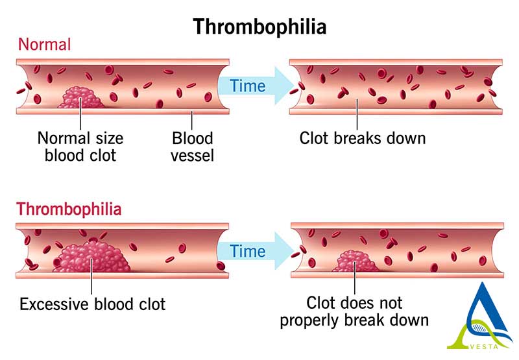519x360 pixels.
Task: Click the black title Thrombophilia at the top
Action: point(260,27)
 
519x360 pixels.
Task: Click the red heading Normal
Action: point(44,44)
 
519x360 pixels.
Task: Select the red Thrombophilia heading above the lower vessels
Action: point(69,209)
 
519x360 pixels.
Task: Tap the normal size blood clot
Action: point(80,97)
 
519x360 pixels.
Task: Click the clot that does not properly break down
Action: point(355,261)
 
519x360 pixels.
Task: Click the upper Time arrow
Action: point(256,86)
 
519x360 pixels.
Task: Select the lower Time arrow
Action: point(256,251)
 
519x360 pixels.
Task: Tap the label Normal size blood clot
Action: point(80,147)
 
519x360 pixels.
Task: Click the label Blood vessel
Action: point(192,147)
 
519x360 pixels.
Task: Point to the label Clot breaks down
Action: point(363,138)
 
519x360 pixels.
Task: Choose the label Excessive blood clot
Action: point(93,304)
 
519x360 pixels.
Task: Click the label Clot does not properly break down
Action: point(354,311)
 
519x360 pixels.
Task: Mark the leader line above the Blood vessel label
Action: point(192,120)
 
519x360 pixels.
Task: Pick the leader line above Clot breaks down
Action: point(357,114)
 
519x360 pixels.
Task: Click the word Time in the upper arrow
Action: point(248,86)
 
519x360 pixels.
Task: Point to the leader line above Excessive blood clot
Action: point(91,276)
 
